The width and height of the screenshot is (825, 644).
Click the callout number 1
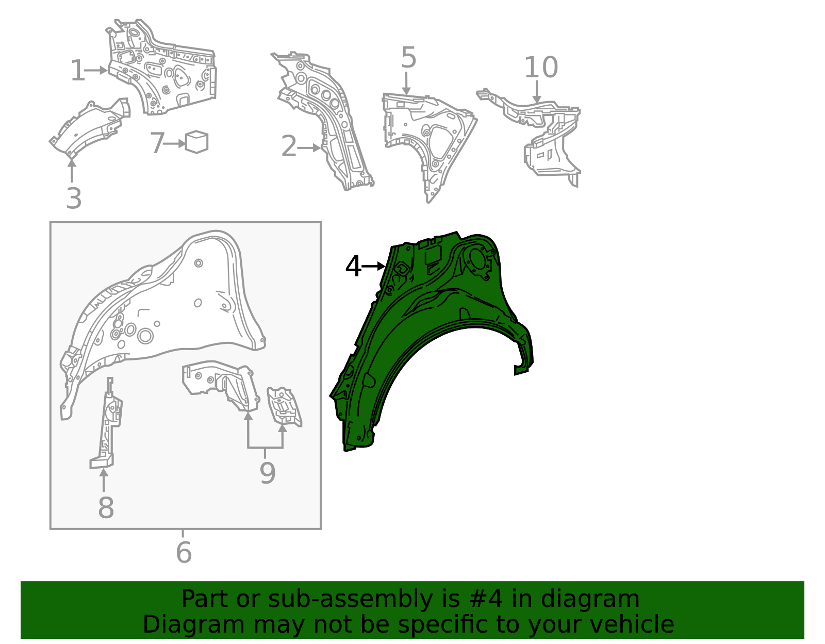coord(78,71)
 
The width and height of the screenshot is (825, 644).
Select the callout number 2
coord(289,146)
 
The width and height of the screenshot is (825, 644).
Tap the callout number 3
coord(74,198)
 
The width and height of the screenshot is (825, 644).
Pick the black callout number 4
coord(353,266)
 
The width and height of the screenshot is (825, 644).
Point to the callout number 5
coord(408,58)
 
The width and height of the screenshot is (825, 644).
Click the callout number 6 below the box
coord(184,552)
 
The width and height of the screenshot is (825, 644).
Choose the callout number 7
coord(157,143)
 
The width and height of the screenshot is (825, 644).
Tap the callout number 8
coord(106,508)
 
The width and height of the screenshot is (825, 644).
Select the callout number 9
coord(267,473)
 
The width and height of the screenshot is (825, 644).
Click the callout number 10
coord(541,67)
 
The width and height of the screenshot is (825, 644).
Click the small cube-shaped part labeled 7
coord(196,142)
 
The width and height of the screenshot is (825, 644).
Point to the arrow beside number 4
coord(374,267)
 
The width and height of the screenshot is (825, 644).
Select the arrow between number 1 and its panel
coord(96,70)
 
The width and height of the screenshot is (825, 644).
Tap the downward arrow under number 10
coord(537,91)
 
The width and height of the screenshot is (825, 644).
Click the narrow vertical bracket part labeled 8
coord(106,424)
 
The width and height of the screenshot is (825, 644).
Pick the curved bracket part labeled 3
coord(90,128)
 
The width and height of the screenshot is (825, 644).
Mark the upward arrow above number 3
coord(72,171)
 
